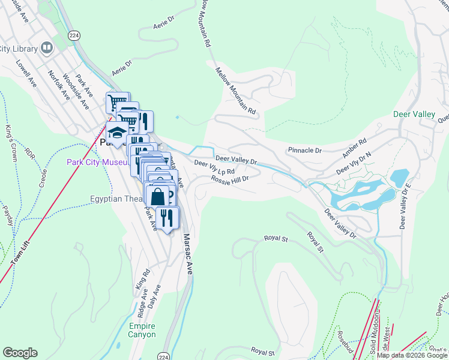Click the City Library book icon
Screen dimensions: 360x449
point(46,48)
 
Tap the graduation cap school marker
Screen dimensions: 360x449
point(116,133)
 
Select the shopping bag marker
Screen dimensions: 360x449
point(157,197)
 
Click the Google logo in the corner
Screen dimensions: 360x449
point(20,353)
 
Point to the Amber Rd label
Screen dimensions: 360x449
point(354,149)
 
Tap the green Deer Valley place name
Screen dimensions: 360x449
point(414,114)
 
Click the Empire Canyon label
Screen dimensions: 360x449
point(142,330)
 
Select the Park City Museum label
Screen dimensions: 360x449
point(97,163)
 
